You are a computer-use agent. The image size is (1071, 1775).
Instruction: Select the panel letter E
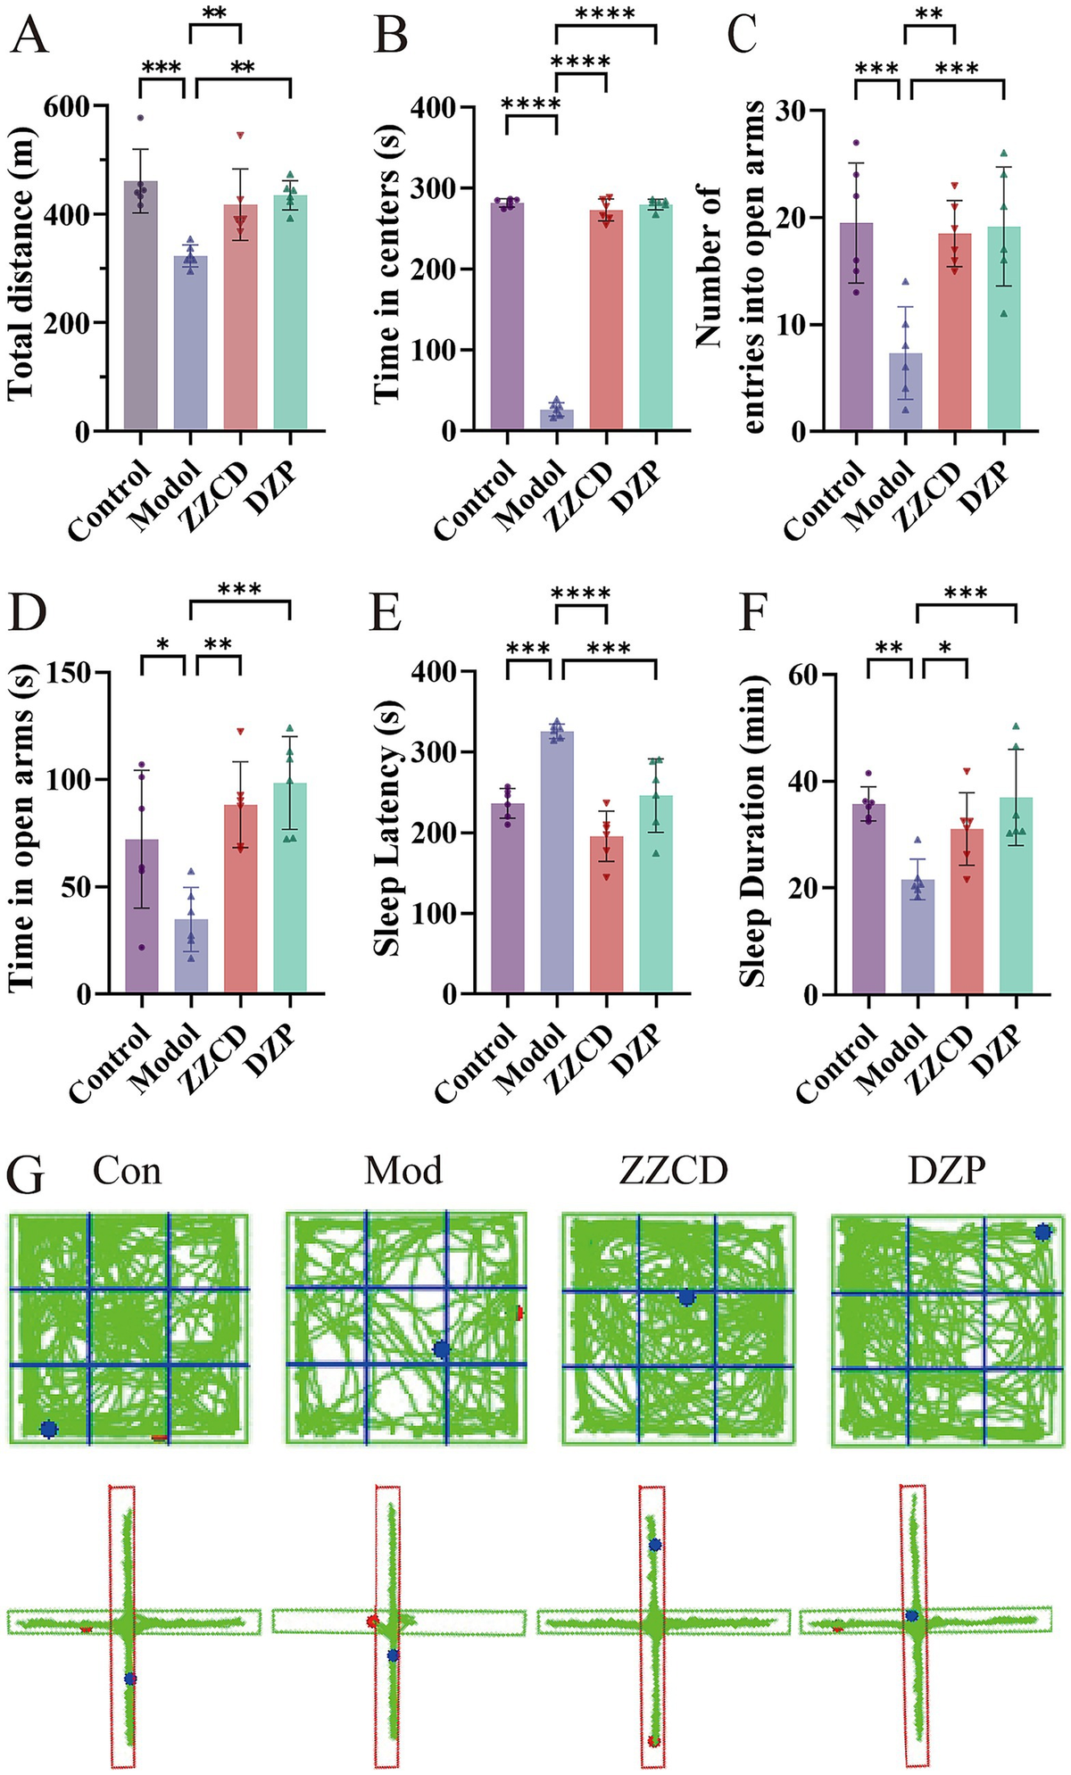pos(386,614)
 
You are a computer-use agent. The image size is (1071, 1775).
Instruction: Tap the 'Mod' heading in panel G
pos(403,1170)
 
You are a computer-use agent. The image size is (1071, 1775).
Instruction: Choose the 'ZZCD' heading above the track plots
pos(673,1170)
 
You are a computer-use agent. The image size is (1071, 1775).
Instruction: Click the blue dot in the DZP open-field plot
pos(1042,1232)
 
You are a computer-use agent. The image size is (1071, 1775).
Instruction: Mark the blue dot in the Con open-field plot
pos(49,1429)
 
